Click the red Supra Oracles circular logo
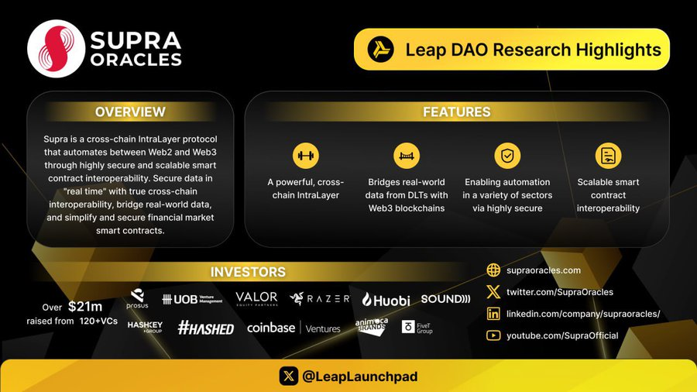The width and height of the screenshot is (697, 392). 56,49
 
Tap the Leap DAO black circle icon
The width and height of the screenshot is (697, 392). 380,50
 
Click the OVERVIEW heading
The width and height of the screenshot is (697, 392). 130,112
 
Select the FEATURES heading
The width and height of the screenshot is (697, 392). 456,112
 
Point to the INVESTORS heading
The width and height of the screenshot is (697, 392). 248,272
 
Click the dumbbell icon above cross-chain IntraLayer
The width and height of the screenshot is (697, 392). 305,156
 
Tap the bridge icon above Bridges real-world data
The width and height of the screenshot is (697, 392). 407,156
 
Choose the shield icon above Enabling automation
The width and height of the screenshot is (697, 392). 507,156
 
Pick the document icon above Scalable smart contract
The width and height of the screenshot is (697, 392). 608,156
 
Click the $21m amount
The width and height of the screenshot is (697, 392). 85,307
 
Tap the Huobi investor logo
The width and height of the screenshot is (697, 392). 386,300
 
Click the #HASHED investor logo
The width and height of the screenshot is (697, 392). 205,328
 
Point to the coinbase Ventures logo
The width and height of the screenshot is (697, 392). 294,328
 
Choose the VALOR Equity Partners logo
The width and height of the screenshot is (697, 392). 256,299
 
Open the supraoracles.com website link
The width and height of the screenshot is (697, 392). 543,270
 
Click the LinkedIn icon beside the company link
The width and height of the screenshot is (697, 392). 493,314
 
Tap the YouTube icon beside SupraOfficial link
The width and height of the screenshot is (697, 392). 493,335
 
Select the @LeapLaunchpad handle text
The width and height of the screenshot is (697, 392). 360,377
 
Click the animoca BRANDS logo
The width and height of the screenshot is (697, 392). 372,326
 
